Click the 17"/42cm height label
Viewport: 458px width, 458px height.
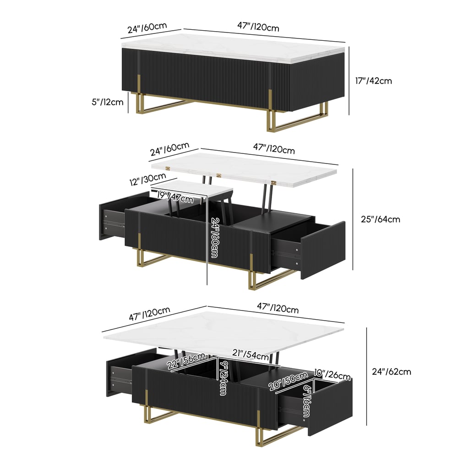click(x=374, y=81)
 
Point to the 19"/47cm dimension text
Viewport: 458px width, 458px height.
click(x=175, y=198)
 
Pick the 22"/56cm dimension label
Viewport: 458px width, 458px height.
click(x=186, y=361)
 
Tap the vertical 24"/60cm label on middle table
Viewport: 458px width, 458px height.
click(x=214, y=238)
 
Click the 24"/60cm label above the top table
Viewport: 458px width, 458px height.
click(x=147, y=28)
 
